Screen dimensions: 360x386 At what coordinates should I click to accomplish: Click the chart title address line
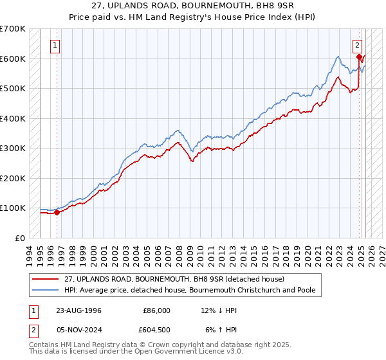tap(192, 6)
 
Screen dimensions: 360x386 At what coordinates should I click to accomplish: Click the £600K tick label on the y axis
tap(13, 59)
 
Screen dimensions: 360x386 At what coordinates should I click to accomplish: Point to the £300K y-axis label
tap(13, 148)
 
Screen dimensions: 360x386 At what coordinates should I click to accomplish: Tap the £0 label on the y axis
tap(20, 238)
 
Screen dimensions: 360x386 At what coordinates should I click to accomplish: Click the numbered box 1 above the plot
tap(55, 46)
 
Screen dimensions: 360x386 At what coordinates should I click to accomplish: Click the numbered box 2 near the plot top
tap(357, 46)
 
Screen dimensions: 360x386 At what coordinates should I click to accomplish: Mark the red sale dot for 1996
tap(57, 212)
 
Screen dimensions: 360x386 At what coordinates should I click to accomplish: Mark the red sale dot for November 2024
tap(359, 57)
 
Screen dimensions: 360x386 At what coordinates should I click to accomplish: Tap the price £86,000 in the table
tap(156, 310)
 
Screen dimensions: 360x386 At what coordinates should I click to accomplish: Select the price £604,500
tap(156, 330)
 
